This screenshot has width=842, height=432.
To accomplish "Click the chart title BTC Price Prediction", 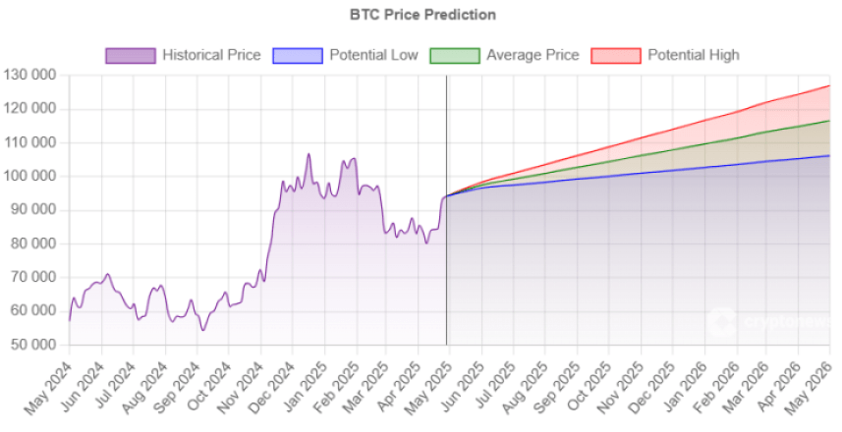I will click(422, 15).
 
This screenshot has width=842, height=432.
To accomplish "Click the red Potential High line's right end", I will click(829, 86).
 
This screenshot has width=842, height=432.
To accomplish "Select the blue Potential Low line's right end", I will click(829, 155).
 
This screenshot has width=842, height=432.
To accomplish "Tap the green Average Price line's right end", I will click(829, 121).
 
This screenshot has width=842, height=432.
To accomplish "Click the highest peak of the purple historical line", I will click(309, 154).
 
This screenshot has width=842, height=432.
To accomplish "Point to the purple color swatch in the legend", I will click(131, 55).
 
